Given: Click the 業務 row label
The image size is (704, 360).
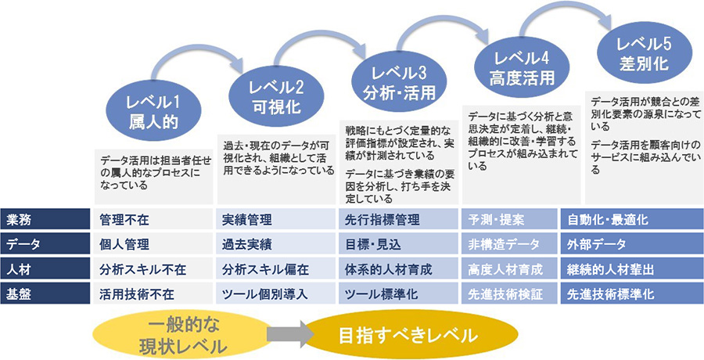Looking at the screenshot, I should click(44, 220).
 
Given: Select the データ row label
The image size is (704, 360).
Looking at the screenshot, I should click(44, 245).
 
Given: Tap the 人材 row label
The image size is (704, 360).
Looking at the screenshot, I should click(44, 270).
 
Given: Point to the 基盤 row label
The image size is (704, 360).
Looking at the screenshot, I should click(44, 294).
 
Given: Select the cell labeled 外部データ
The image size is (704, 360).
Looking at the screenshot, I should click(630, 245).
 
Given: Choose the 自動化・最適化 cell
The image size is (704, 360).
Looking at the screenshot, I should click(630, 220).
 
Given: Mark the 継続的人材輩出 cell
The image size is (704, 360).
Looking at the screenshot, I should click(630, 270).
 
